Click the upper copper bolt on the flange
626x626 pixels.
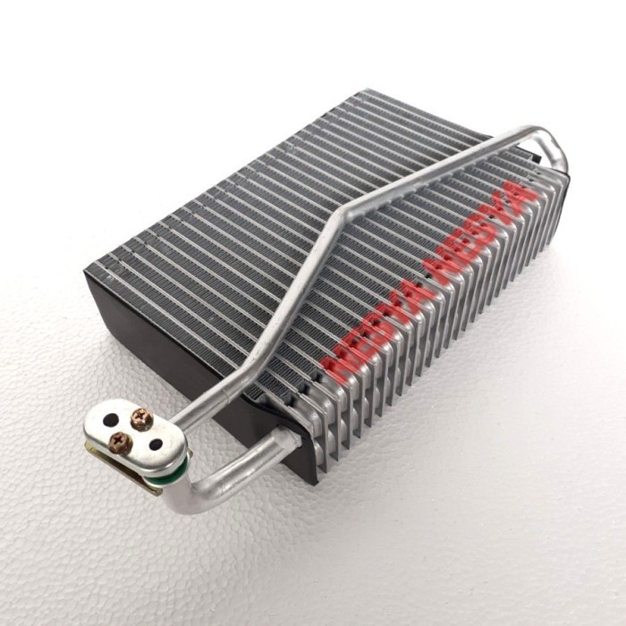pos(141,419)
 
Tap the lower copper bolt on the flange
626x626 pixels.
pos(120,442)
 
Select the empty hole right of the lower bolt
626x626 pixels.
pos(156,444)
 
